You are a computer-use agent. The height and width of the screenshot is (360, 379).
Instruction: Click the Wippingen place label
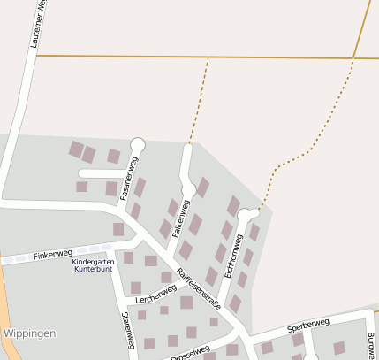(30, 333)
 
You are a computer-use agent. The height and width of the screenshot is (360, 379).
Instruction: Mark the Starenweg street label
(127, 330)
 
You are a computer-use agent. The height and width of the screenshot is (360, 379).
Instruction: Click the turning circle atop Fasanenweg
(137, 143)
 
